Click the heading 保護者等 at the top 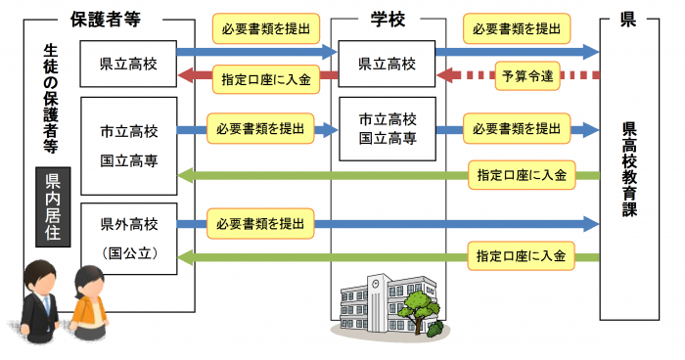(x=110, y=18)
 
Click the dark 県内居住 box (x=53, y=205)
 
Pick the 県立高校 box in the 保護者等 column (x=129, y=65)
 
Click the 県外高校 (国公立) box (x=129, y=239)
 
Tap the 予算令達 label (x=528, y=75)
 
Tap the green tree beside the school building (x=423, y=311)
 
